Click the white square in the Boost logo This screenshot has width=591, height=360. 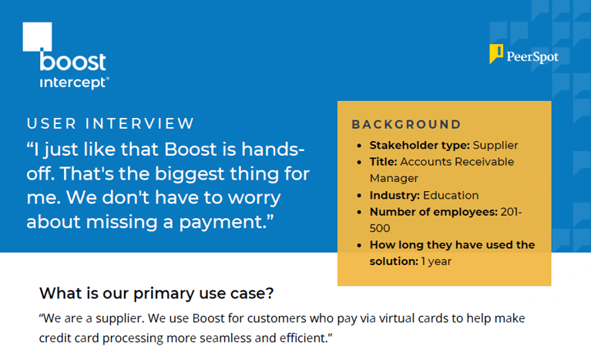[x=38, y=36]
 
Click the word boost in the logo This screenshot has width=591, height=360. [x=73, y=62]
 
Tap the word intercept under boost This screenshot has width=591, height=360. [x=73, y=81]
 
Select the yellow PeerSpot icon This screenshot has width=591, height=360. [x=497, y=54]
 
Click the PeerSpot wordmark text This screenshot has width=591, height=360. [x=532, y=56]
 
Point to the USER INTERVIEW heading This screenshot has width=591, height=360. [x=111, y=123]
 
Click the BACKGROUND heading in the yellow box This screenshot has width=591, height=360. [x=406, y=124]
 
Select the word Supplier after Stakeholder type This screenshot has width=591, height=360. [x=495, y=145]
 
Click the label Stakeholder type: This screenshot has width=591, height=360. [x=419, y=145]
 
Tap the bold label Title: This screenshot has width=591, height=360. [x=384, y=162]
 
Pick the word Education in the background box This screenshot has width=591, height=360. [x=451, y=195]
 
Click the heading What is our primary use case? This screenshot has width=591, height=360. [x=156, y=293]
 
